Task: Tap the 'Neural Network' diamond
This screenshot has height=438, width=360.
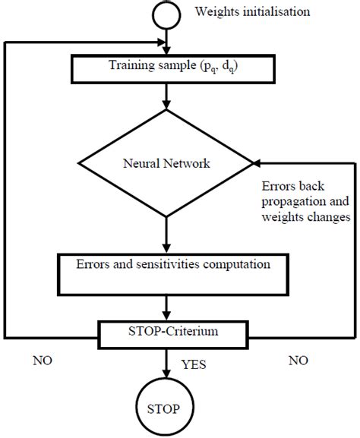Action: (166, 162)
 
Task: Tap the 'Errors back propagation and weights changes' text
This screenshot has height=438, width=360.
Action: (304, 201)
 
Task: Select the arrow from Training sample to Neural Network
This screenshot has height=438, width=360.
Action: (166, 99)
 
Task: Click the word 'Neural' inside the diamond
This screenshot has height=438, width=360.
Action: (139, 162)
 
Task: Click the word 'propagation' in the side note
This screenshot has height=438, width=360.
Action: (288, 201)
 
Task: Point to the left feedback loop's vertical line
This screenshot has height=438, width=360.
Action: (5, 190)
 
